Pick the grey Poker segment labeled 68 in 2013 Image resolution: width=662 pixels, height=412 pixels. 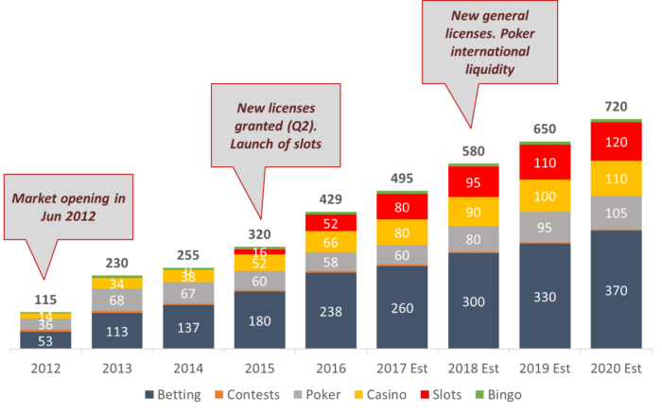(116, 300)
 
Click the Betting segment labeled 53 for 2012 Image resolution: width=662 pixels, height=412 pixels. (45, 340)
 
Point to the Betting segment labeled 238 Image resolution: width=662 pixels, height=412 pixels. (330, 310)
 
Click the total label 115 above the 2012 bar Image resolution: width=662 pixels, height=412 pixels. (45, 300)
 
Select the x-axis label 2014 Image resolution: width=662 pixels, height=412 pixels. (187, 366)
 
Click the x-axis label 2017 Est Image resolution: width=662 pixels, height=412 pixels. (401, 366)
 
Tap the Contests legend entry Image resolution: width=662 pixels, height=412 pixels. (248, 395)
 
